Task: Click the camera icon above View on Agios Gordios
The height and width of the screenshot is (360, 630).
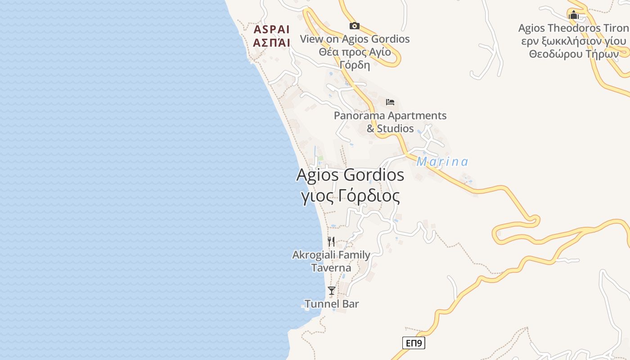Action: [x=355, y=26]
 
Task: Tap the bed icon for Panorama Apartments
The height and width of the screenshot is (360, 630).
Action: [x=390, y=102]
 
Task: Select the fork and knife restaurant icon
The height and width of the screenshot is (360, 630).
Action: [x=331, y=242]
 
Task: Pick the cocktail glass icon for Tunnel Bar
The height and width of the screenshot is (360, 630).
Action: [x=332, y=291]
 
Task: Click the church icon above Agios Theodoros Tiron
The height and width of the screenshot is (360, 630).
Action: [x=574, y=15]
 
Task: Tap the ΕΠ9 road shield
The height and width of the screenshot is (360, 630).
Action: [x=414, y=343]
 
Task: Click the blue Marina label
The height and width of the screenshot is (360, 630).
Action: [x=442, y=162]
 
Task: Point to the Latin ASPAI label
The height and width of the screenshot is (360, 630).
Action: [x=271, y=30]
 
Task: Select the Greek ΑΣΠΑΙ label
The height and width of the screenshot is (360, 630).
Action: [x=271, y=43]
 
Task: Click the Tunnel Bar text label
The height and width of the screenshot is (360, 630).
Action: [x=332, y=304]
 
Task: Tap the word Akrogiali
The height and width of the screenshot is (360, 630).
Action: [x=314, y=255]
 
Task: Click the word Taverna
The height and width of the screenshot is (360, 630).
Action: [x=331, y=268]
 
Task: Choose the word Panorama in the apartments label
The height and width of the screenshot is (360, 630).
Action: [x=359, y=116]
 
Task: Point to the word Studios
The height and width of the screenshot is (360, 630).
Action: [x=395, y=129]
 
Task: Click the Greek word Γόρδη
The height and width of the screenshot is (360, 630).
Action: [x=355, y=65]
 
